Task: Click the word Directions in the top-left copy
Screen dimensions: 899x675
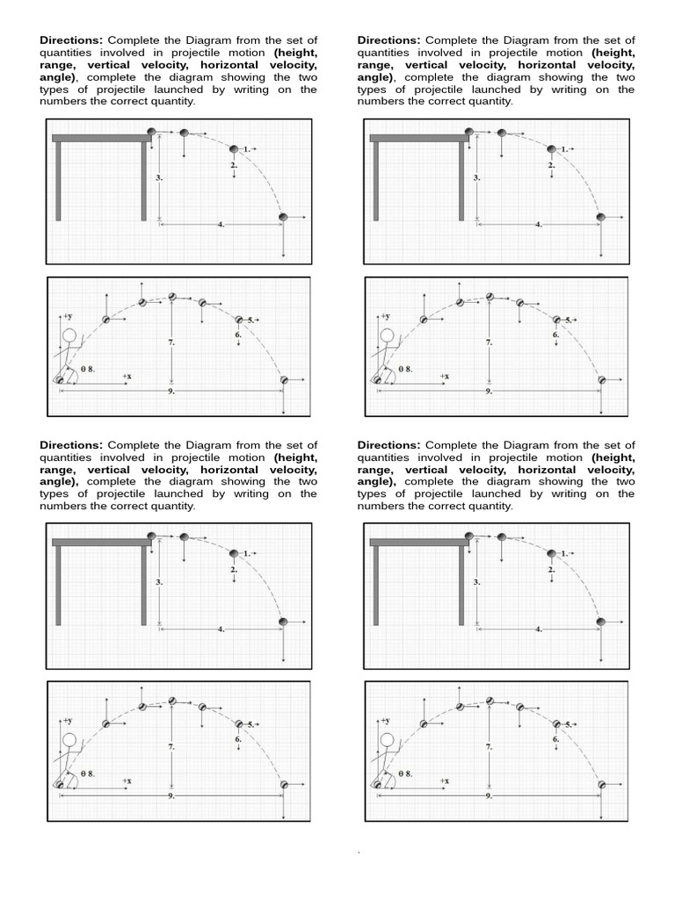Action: pos(71,40)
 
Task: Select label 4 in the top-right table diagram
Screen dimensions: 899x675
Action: pos(537,224)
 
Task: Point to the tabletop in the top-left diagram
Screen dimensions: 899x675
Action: pos(102,137)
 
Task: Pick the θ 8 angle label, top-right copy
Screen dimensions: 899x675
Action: pos(405,370)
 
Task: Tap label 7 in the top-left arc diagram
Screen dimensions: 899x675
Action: pos(171,343)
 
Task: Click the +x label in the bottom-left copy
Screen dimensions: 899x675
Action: pos(127,780)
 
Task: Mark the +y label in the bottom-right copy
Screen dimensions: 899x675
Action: pos(384,720)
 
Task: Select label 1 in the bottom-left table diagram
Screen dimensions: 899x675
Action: pos(247,553)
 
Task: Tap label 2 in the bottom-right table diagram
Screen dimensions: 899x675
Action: pos(551,570)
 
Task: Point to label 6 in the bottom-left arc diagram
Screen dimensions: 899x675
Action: pos(238,739)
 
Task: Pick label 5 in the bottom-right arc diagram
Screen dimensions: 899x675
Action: pos(567,724)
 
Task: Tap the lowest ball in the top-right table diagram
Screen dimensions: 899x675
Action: pos(601,217)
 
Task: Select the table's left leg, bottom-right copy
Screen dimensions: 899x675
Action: pos(376,586)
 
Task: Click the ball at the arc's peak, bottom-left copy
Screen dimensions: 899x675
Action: pos(172,700)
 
